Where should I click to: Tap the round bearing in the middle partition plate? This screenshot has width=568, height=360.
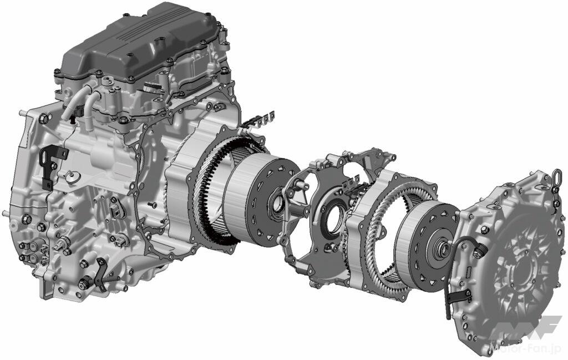[333, 221]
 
